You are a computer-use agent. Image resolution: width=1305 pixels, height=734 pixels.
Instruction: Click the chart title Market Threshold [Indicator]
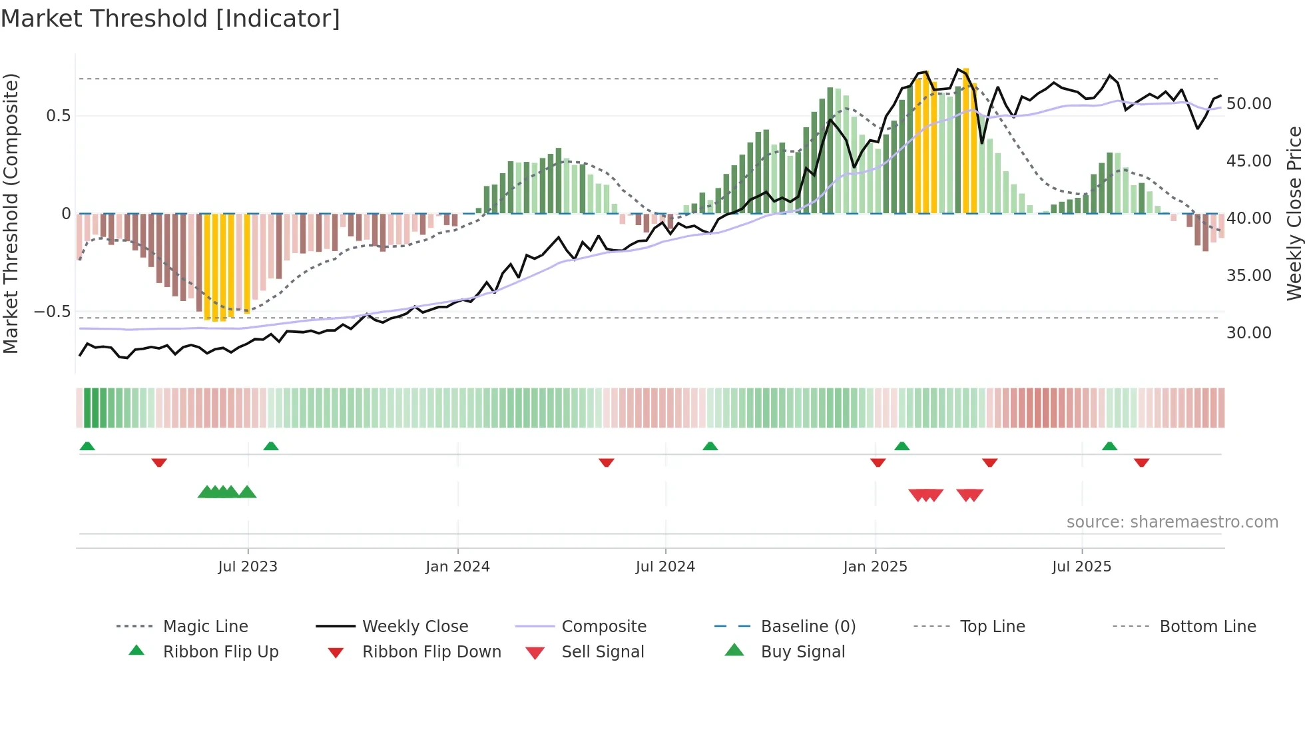point(170,19)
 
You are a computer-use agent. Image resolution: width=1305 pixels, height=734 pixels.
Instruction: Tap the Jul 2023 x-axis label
point(248,567)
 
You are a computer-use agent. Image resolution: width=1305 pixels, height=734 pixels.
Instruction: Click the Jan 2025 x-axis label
point(875,567)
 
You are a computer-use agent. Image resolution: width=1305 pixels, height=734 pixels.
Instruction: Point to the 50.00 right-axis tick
point(1248,104)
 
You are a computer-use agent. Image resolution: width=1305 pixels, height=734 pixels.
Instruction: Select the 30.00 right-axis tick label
point(1248,333)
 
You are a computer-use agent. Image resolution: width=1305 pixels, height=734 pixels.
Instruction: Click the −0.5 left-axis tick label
point(53,312)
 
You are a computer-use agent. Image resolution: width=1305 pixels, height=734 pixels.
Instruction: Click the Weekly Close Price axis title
point(1294,213)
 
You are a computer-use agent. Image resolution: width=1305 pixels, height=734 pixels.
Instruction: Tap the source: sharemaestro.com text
point(1172,522)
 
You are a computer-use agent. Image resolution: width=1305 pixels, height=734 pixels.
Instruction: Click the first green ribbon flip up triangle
point(87,446)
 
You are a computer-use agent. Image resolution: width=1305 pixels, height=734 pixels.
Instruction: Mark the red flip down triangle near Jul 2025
point(1141,462)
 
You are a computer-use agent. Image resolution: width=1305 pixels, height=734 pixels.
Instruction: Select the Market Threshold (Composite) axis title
point(11,213)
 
